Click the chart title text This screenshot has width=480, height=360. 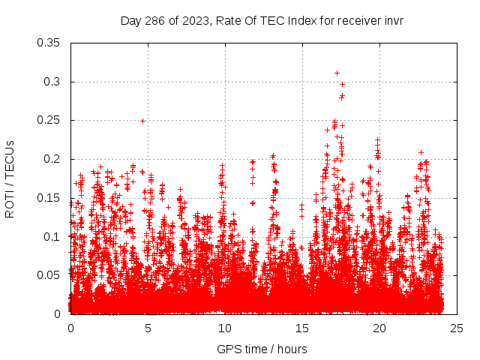coord(262,20)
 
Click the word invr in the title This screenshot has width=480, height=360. coord(392,20)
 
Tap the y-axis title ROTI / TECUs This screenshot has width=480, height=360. coord(10,178)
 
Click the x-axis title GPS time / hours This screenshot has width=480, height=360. coord(262,349)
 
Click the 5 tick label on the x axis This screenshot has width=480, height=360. coord(148,328)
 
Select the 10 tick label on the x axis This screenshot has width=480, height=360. coord(225,328)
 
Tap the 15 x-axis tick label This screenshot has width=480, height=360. coord(302,328)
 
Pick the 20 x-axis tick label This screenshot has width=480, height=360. coord(379,328)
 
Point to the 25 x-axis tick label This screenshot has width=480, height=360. coord(457,328)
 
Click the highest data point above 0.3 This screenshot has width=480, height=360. coord(337,73)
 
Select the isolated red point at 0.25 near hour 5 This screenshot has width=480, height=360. coord(142,120)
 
